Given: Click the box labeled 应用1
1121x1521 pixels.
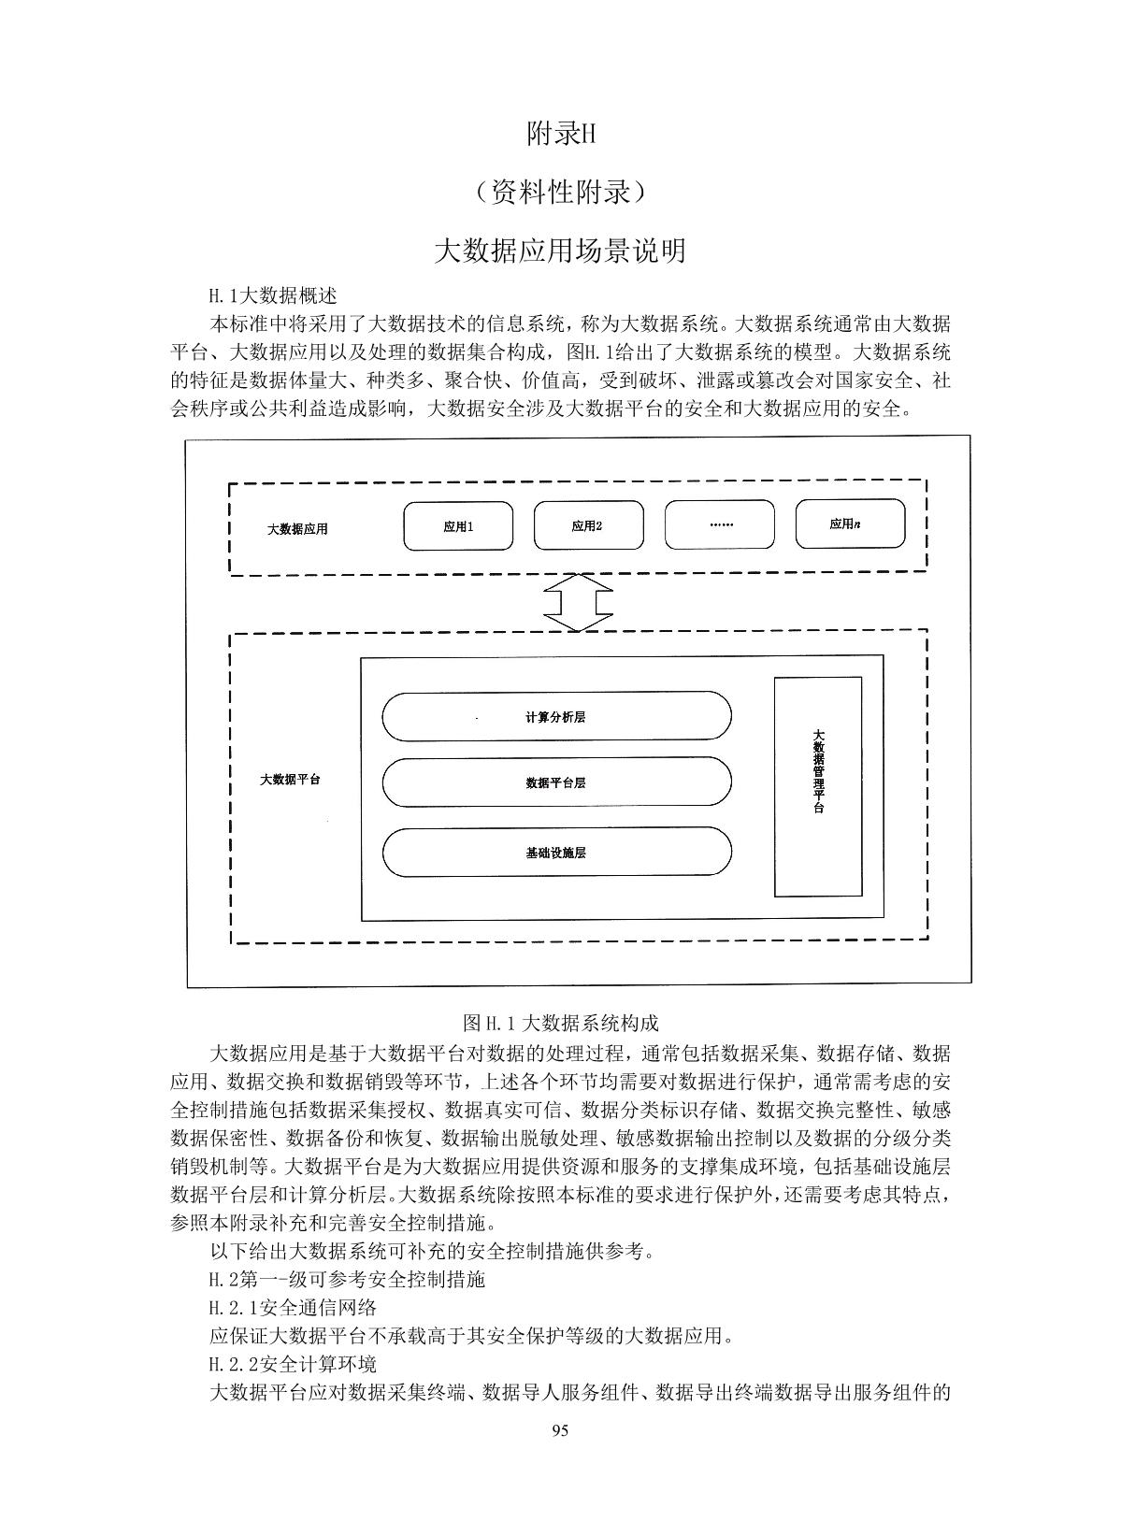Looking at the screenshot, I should pos(458,525).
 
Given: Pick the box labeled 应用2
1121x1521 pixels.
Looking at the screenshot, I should pos(588,525).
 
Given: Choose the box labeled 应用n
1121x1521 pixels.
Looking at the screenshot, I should pos(849,524).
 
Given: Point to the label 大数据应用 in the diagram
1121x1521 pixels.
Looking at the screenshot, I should pos(297,529).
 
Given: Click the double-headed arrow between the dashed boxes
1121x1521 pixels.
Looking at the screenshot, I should pos(578,603).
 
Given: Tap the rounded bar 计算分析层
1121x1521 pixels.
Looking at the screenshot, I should pos(556,717).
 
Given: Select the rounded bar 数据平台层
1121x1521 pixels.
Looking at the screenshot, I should pos(556,782).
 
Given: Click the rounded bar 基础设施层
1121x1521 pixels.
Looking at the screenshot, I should pos(556,852).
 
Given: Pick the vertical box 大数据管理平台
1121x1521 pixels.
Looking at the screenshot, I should pos(818,786).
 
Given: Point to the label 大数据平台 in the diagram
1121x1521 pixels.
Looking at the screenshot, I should pos(290,779).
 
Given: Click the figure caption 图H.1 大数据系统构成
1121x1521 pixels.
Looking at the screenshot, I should pos(561,1023).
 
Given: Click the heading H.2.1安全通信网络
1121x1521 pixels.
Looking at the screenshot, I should pos(293,1307).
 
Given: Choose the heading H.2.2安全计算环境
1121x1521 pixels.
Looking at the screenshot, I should pos(293,1364).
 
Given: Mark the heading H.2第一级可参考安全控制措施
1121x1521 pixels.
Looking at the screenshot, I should pos(347,1279).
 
